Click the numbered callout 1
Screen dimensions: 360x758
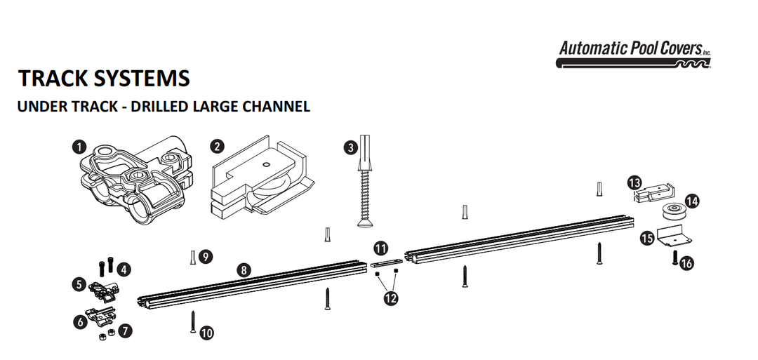pos(79,147)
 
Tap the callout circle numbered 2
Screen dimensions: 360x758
pos(218,147)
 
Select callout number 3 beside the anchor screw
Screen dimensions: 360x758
pos(350,147)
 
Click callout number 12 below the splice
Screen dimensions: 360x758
pos(390,298)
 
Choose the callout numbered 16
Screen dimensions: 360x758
pos(686,264)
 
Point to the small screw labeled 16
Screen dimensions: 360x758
pos(674,258)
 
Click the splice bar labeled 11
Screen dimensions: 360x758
pos(385,264)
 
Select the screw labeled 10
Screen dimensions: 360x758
pos(192,323)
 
